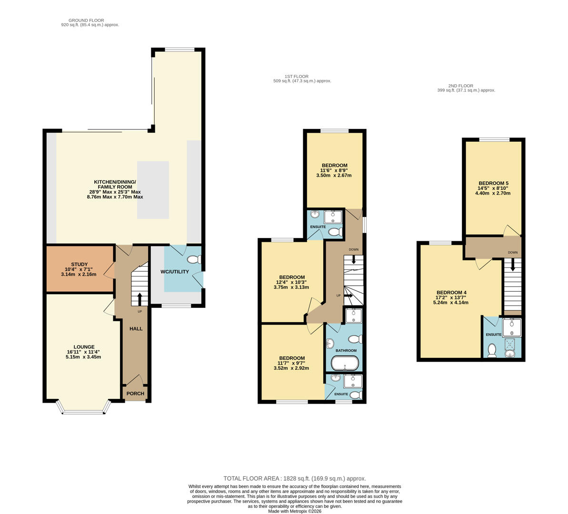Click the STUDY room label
[79, 264]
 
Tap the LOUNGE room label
[84, 347]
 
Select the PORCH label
[135, 394]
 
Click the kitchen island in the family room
[153, 190]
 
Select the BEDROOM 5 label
[493, 183]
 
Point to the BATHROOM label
[346, 351]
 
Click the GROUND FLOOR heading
[86, 20]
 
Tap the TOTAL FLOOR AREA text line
[294, 478]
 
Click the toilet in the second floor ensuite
[492, 351]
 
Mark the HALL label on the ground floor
[136, 328]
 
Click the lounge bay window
[84, 409]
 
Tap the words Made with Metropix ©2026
[294, 511]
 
